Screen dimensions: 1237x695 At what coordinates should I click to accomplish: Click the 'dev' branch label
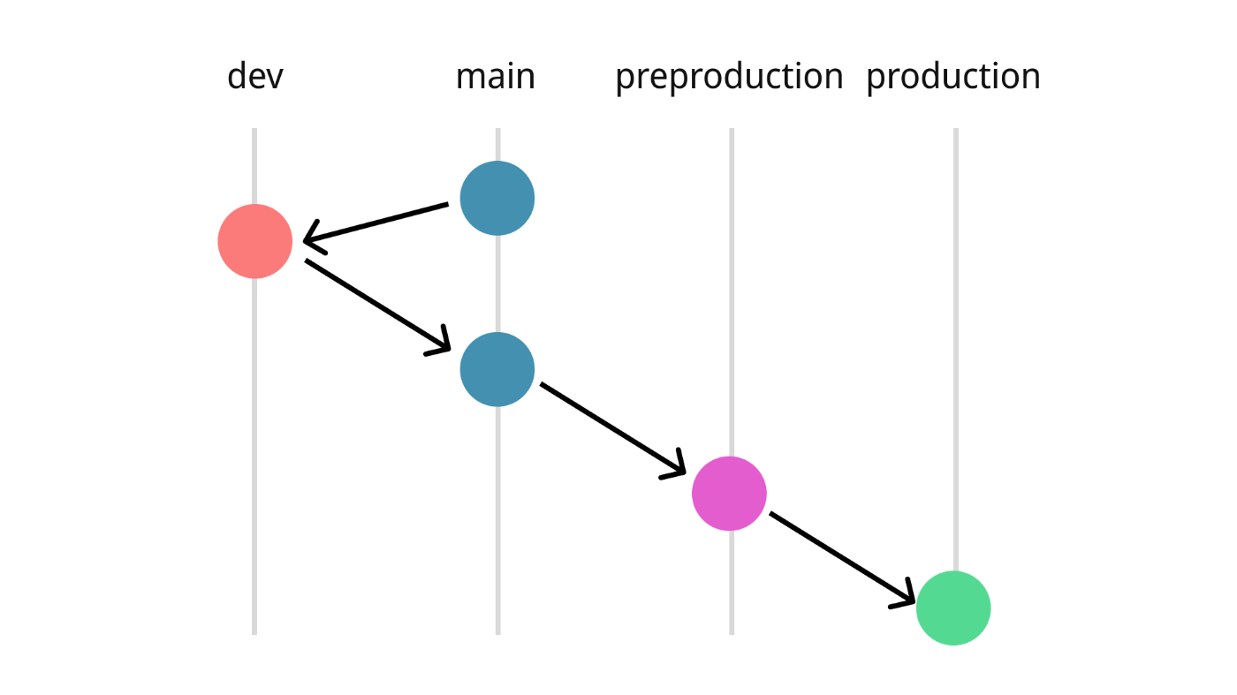(x=255, y=76)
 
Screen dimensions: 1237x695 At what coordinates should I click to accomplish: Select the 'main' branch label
(x=496, y=76)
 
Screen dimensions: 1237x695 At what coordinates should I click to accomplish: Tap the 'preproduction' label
(x=729, y=78)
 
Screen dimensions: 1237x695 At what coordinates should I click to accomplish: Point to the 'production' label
(x=952, y=78)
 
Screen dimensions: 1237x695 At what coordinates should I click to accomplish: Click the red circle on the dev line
(x=254, y=241)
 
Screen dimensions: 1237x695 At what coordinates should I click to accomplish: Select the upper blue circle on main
(x=497, y=198)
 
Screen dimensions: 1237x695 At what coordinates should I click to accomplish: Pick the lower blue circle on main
(x=497, y=369)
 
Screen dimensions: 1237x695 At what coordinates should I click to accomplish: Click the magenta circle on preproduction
(x=729, y=494)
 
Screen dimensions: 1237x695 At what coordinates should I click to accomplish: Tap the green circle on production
(x=953, y=608)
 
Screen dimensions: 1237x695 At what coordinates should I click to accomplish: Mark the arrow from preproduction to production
(x=843, y=559)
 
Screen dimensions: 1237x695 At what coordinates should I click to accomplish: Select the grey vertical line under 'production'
(x=956, y=350)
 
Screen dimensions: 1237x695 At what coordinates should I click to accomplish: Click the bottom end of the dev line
(x=254, y=634)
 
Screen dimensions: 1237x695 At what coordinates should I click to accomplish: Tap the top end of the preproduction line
(x=732, y=129)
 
